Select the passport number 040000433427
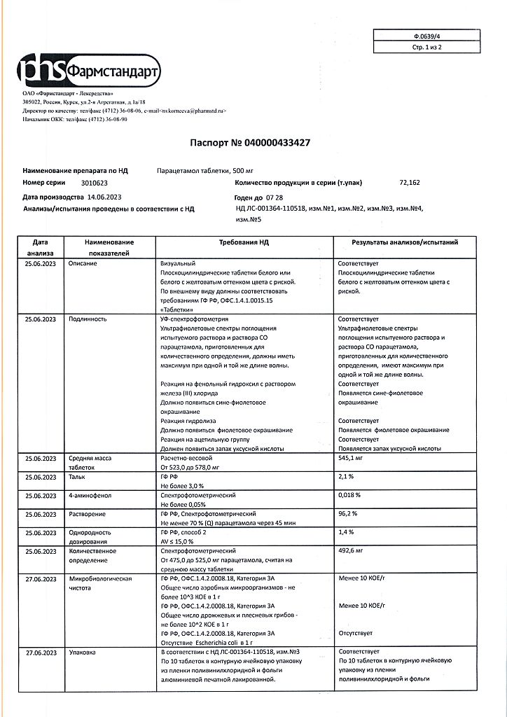[x=277, y=142]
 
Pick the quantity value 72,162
[x=410, y=182]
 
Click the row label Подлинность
[x=87, y=319]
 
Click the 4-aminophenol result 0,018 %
[x=349, y=494]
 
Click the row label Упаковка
[x=84, y=652]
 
